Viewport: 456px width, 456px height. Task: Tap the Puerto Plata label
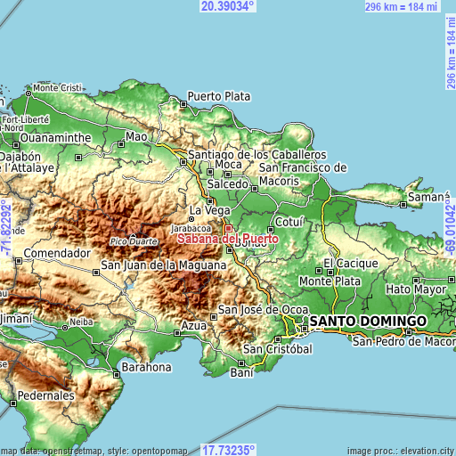point(219,96)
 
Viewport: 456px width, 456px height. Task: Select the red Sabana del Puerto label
point(228,239)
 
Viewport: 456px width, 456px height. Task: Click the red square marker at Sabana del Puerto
point(227,229)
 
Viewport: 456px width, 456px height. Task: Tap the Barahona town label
point(147,366)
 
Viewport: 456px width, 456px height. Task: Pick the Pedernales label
point(45,395)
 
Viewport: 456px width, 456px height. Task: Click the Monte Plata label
point(330,281)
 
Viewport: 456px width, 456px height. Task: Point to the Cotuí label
point(290,220)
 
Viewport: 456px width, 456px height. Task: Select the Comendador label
point(58,253)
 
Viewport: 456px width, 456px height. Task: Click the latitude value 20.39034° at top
point(228,6)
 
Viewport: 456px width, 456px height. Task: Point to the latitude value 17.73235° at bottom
point(228,450)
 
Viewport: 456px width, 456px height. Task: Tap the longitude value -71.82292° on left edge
point(6,228)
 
